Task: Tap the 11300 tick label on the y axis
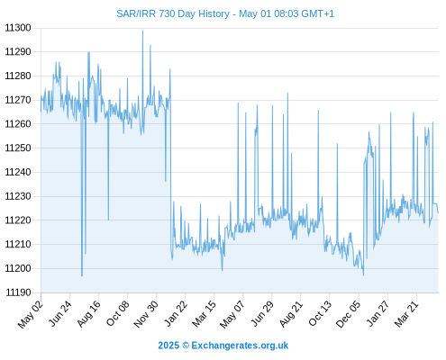tap(18, 28)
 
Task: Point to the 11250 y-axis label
tap(18, 148)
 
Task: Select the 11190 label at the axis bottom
tap(18, 292)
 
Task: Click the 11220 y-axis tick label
tap(18, 220)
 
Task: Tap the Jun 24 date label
tap(60, 314)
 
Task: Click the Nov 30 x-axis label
tap(145, 314)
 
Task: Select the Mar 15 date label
tap(204, 314)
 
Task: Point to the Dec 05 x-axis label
tap(348, 314)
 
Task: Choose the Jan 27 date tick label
tap(378, 314)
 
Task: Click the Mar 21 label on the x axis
tap(406, 314)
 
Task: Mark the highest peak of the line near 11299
tap(142, 31)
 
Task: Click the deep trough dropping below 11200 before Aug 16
tap(82, 275)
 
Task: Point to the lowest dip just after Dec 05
tap(363, 275)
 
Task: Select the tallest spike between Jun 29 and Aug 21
tap(287, 94)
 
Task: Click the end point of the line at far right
tap(438, 212)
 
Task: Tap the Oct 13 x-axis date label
tap(320, 314)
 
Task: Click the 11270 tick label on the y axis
tap(18, 100)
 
